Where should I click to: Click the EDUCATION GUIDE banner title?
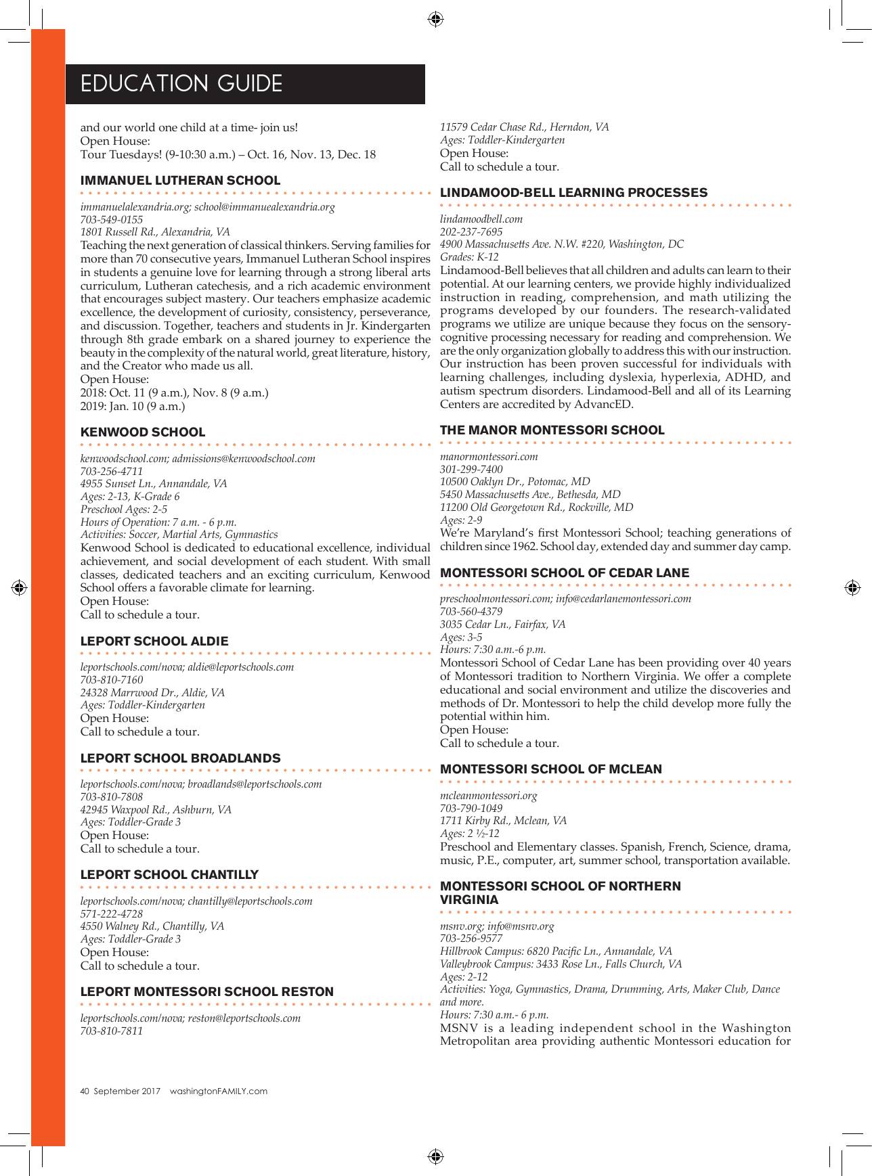[x=181, y=84]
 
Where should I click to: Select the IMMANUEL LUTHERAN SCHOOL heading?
[x=180, y=181]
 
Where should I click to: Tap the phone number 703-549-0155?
[x=112, y=219]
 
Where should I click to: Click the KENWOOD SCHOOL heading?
[x=143, y=432]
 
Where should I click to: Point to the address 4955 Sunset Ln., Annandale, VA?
[x=154, y=484]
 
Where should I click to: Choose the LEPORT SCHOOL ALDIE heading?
[x=154, y=641]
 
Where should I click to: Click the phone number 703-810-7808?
[x=112, y=797]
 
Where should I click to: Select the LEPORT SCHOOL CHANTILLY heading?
[x=169, y=875]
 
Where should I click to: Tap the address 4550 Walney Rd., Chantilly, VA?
[x=152, y=926]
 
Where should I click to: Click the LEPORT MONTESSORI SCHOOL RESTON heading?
[x=207, y=992]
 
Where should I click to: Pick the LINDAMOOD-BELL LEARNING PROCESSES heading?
[x=574, y=193]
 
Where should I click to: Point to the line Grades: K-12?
[x=469, y=257]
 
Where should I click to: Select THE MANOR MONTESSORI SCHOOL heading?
[x=552, y=430]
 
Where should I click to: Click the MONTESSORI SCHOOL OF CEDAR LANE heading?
[x=565, y=573]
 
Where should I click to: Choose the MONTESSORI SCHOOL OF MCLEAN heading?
[x=551, y=769]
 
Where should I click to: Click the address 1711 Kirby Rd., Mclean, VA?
[x=503, y=821]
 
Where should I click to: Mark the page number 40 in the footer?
[x=85, y=1091]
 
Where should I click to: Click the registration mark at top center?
[x=435, y=18]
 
